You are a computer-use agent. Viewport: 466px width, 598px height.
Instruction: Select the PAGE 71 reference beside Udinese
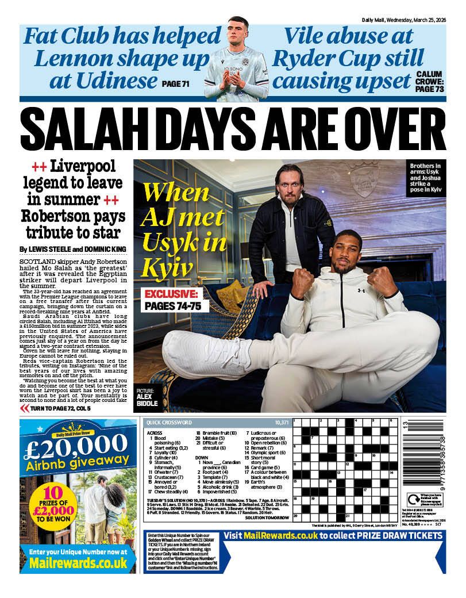click(x=176, y=85)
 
